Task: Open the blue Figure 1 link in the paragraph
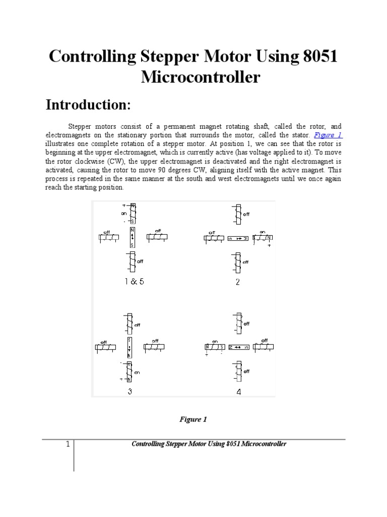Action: (328, 135)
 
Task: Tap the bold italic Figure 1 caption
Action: (193, 420)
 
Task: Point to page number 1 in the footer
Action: (66, 444)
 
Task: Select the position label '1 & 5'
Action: (134, 282)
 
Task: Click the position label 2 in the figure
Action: (238, 282)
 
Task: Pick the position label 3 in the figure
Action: (130, 391)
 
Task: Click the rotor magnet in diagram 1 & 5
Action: (133, 237)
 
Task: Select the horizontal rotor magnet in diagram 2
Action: (239, 237)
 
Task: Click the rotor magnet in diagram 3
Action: (130, 347)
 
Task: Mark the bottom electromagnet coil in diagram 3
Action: (130, 372)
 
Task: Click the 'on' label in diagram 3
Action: (137, 372)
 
